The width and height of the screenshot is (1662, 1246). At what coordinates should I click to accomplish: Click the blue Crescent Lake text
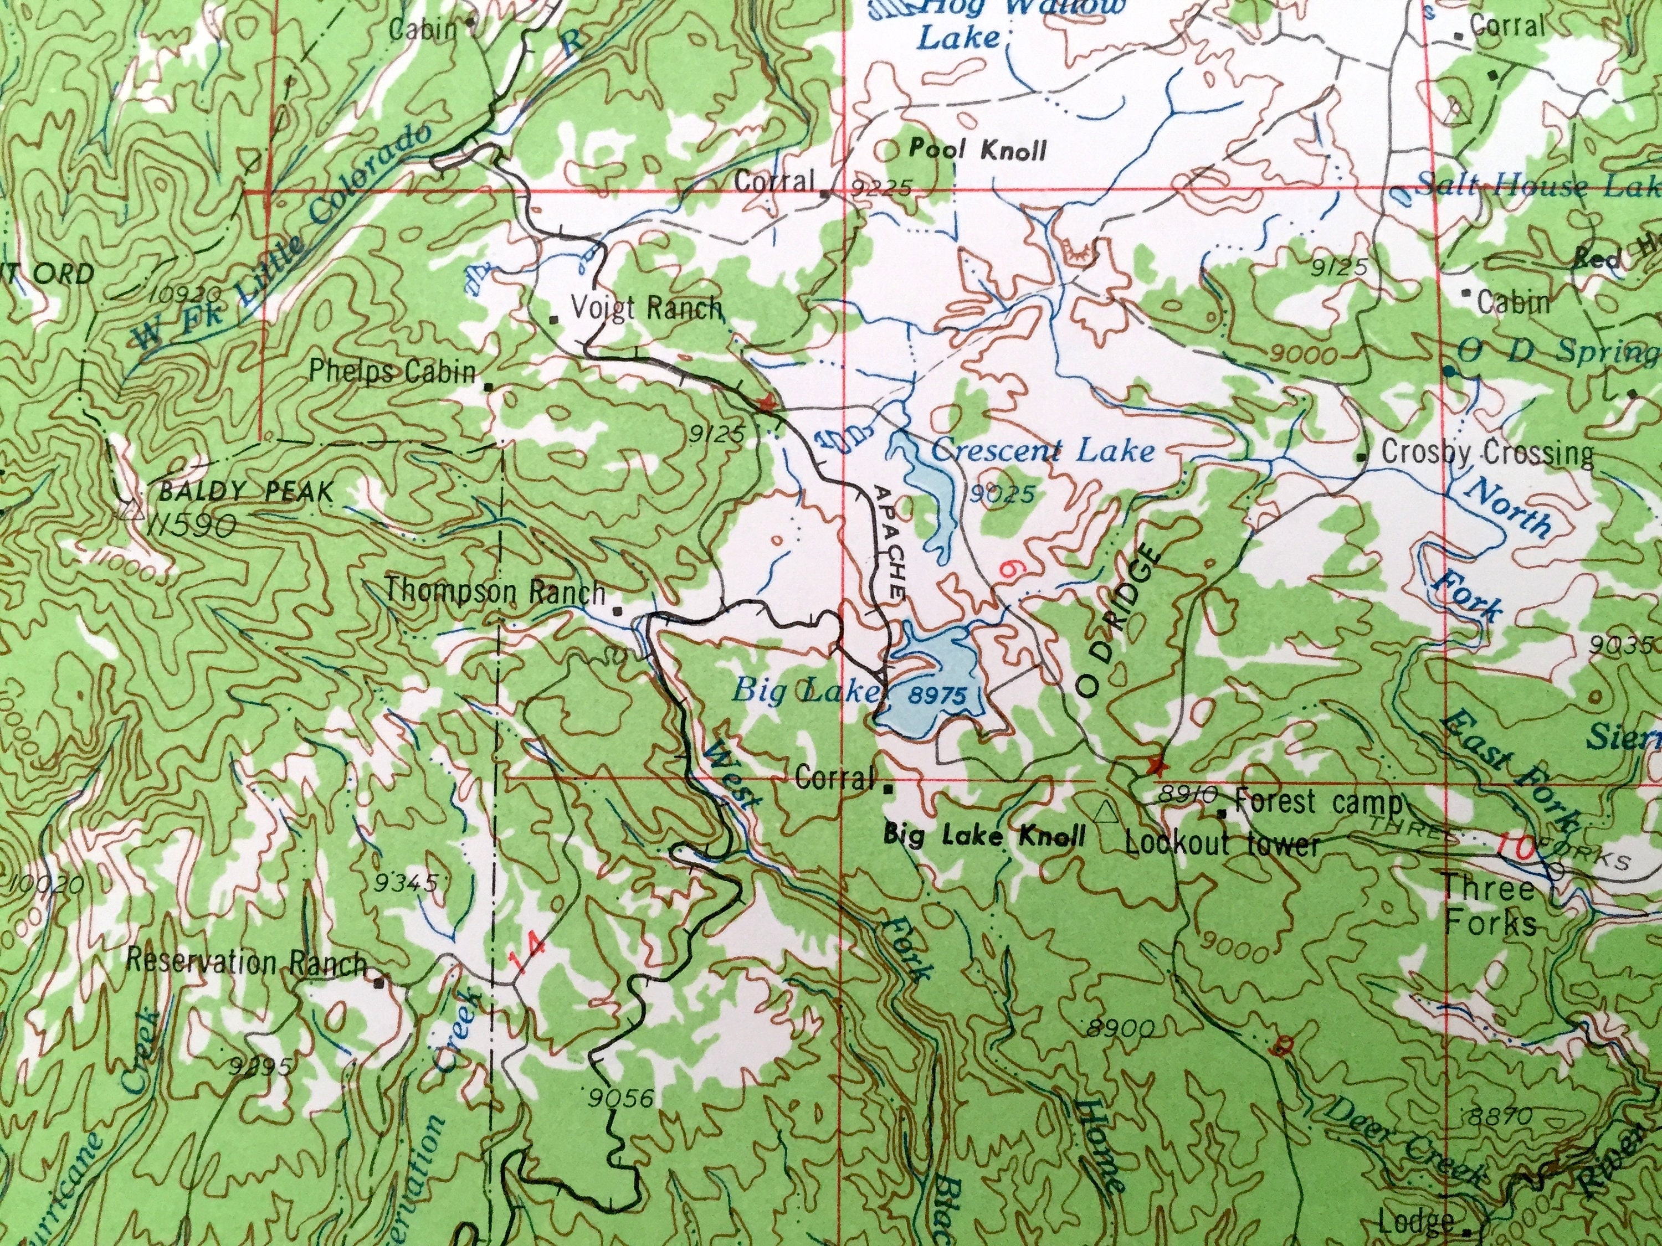tap(1042, 451)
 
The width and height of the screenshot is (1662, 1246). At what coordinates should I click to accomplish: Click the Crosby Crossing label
tap(1487, 453)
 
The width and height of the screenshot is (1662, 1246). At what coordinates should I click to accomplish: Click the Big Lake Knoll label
tap(984, 835)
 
